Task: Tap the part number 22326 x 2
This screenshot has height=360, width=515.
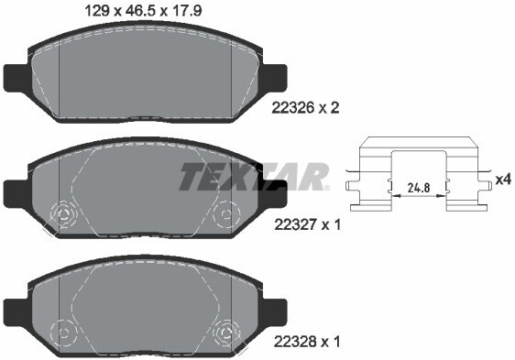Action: coord(306,107)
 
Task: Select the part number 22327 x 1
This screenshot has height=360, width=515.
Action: coord(306,224)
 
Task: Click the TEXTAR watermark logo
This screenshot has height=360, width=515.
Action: coord(254,176)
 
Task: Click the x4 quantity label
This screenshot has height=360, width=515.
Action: coord(502,180)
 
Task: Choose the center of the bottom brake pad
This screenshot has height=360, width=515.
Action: coord(145,307)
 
